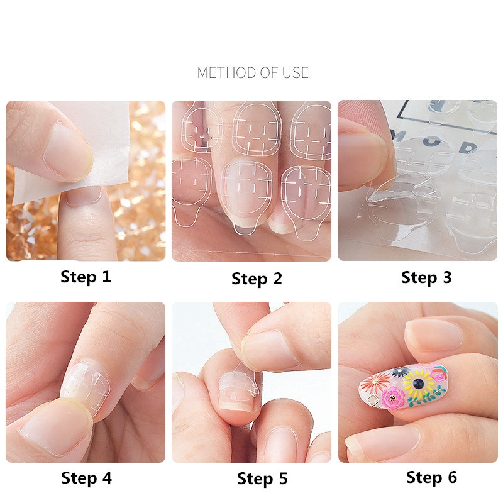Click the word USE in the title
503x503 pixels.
[295, 72]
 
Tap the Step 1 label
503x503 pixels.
[86, 277]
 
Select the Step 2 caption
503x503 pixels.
[257, 279]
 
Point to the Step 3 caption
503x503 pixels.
[426, 277]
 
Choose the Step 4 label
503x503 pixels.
[86, 478]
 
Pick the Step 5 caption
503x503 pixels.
[262, 479]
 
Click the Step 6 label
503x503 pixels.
[431, 477]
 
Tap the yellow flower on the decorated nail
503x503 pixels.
[418, 383]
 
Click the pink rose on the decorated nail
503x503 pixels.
[392, 398]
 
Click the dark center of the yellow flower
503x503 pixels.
[418, 383]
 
